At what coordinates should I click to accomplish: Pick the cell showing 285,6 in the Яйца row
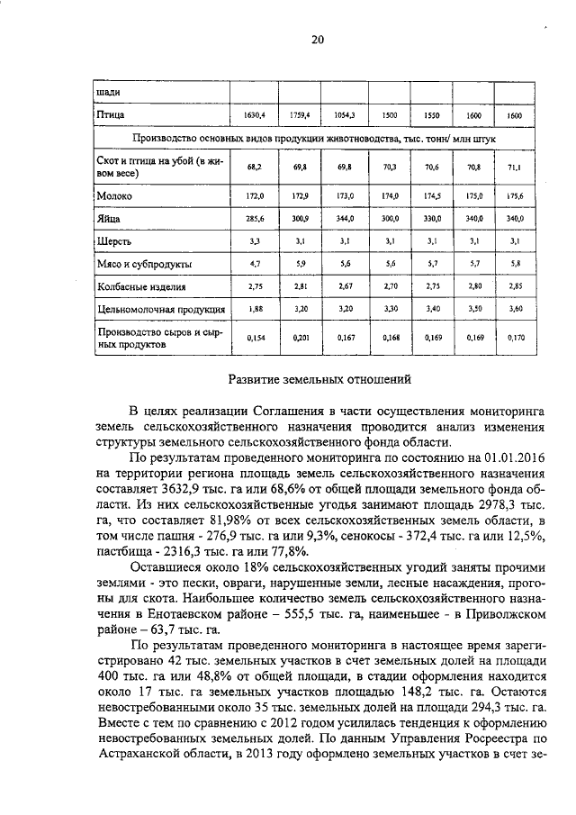tap(254, 218)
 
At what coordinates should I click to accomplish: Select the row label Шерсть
tap(114, 241)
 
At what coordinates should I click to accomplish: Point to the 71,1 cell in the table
tap(515, 168)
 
